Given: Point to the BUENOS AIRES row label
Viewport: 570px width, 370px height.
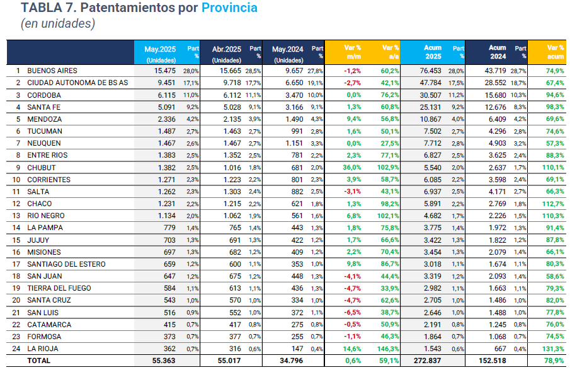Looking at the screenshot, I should pos(52,71).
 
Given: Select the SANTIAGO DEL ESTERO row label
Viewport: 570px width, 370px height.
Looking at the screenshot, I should pos(66,264).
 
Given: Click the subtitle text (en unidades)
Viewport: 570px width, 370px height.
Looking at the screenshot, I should pos(58,24).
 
